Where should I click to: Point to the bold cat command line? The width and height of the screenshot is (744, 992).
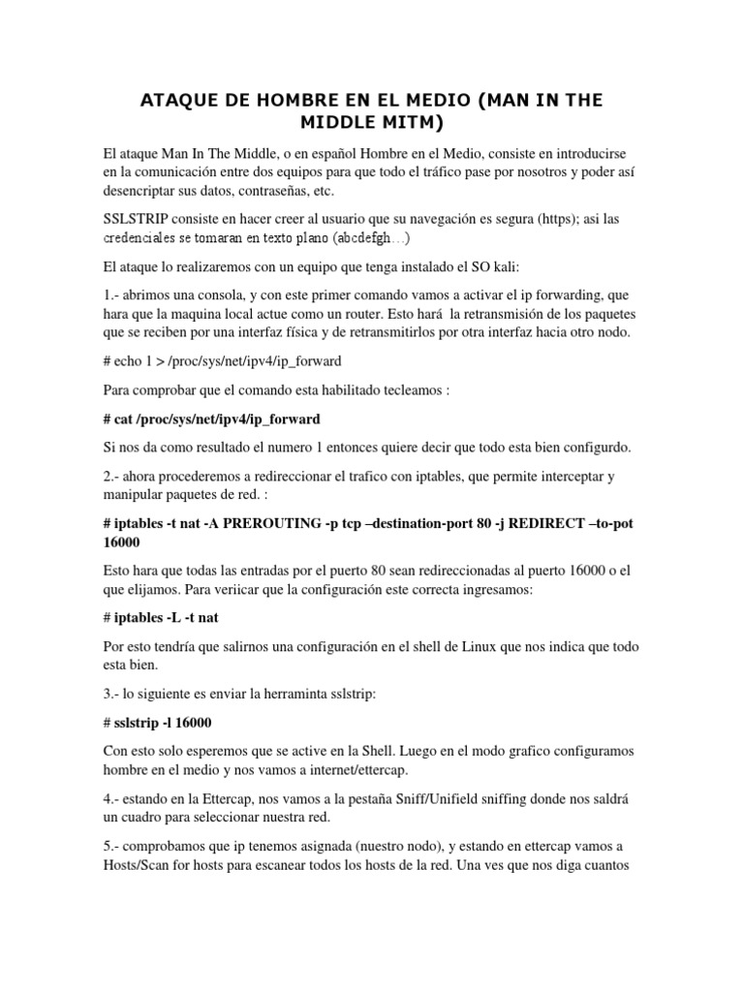pos(211,419)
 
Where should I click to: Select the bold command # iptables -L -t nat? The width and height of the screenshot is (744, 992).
pos(163,616)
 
